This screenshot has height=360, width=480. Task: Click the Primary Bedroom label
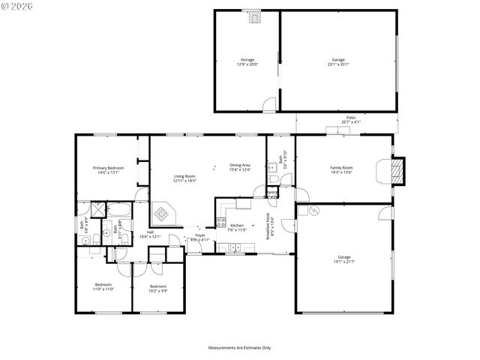pos(109,167)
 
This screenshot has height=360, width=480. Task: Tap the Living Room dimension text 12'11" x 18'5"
pos(184,181)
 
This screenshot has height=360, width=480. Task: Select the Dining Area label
pos(240,164)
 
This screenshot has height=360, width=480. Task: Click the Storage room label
pos(247,59)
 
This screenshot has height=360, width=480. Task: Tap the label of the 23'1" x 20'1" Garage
pos(338,59)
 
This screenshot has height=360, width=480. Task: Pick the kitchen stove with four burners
pos(220,222)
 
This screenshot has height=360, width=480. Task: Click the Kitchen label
pos(237,225)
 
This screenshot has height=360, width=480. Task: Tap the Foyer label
pos(200,235)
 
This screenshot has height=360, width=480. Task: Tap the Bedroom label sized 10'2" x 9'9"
pos(157,286)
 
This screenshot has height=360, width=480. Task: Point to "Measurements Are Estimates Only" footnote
pos(240,347)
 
